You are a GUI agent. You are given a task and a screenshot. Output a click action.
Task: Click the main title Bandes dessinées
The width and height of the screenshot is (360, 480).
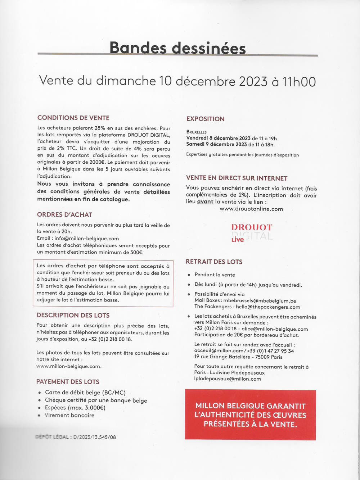(177, 48)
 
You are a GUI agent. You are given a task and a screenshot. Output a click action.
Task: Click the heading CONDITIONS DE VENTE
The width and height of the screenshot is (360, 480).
(73, 118)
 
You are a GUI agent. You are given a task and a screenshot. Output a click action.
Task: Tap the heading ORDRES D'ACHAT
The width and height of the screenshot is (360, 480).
(64, 214)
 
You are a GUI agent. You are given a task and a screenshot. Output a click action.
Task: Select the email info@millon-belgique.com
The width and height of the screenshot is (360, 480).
(86, 239)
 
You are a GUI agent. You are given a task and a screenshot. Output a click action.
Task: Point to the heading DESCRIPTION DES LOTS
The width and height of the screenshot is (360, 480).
(73, 315)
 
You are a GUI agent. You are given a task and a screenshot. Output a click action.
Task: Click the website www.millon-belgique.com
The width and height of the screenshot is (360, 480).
(69, 366)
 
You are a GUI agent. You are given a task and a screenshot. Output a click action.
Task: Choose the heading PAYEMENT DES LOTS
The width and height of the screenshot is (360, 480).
(68, 382)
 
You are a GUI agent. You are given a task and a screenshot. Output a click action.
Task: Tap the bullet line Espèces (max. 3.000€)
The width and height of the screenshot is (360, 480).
(75, 408)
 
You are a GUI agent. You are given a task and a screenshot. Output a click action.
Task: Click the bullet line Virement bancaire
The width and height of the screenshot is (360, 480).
(69, 415)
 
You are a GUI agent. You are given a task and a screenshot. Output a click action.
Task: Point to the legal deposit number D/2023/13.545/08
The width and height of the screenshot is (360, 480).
(94, 437)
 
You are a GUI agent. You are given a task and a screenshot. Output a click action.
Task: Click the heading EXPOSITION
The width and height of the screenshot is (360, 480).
(205, 119)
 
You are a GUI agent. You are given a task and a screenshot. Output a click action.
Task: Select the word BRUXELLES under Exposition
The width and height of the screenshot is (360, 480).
(197, 132)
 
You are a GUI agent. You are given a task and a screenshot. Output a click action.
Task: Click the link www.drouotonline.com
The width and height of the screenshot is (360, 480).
(251, 209)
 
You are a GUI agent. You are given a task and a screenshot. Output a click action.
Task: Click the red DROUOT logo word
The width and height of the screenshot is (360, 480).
(252, 227)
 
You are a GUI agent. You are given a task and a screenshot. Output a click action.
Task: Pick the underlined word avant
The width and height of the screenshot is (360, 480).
(205, 201)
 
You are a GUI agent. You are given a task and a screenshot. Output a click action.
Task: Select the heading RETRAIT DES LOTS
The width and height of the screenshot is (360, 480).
(214, 262)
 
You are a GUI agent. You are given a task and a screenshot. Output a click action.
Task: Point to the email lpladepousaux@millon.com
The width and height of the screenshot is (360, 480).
(228, 379)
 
